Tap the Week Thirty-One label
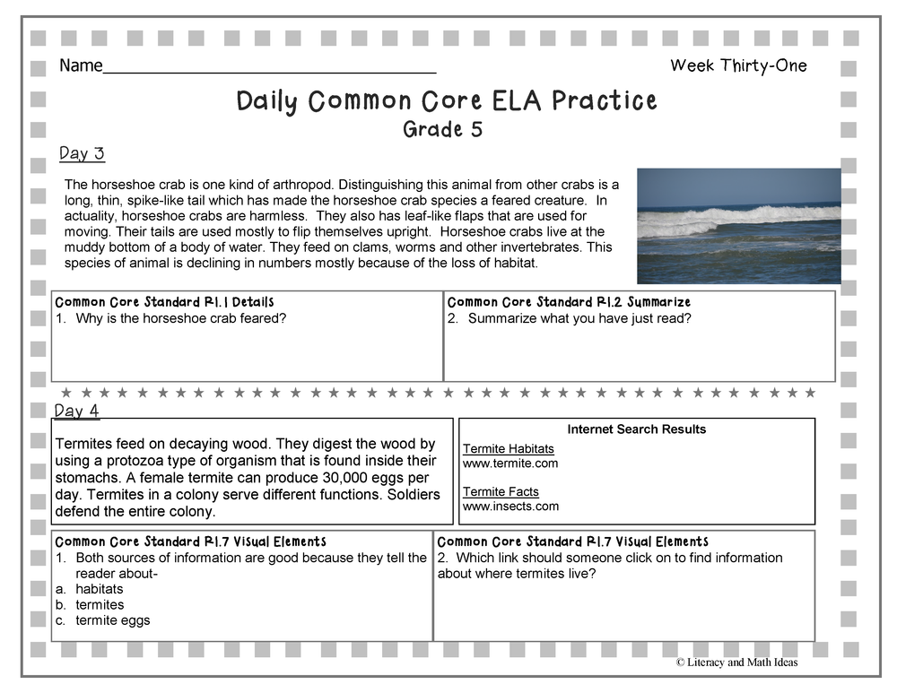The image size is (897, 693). tap(738, 65)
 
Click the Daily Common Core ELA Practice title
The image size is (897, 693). tap(447, 100)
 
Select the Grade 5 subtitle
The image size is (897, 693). tap(442, 129)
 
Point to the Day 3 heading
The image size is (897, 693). tap(82, 153)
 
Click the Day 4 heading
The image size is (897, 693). tap(77, 411)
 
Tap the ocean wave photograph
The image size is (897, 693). tap(738, 225)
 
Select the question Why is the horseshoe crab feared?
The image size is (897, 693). tap(180, 318)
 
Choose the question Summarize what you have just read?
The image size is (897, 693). tap(579, 318)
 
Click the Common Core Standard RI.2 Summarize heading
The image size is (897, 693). tap(569, 302)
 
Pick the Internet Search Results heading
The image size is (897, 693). tap(636, 429)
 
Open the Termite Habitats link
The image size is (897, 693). tap(508, 448)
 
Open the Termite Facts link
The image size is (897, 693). tap(501, 491)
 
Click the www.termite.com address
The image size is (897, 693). tap(510, 463)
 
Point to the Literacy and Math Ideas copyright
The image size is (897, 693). tap(736, 663)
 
